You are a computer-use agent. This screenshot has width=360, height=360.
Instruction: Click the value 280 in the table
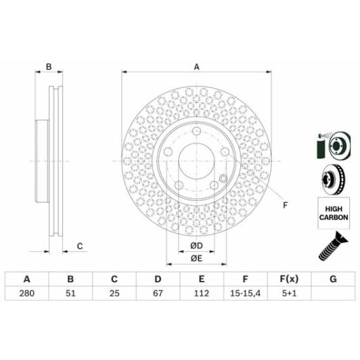[26, 293]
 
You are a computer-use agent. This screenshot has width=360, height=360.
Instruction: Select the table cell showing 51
[70, 293]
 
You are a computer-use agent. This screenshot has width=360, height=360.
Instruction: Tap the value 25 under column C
[114, 293]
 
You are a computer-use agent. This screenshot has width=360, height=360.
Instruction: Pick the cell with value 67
[158, 293]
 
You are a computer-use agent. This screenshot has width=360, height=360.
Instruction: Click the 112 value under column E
[202, 293]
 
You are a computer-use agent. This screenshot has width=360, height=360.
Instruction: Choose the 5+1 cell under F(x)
[290, 293]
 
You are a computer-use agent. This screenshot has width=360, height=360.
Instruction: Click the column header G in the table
[333, 278]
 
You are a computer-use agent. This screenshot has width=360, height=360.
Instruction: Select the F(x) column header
[290, 278]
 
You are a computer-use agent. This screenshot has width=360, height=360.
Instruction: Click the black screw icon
[332, 246]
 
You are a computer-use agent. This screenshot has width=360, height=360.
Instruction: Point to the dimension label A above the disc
[197, 67]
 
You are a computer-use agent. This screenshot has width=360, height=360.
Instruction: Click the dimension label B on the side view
[48, 67]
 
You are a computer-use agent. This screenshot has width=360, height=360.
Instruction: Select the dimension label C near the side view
[79, 246]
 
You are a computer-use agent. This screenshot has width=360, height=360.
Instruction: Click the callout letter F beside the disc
[285, 205]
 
